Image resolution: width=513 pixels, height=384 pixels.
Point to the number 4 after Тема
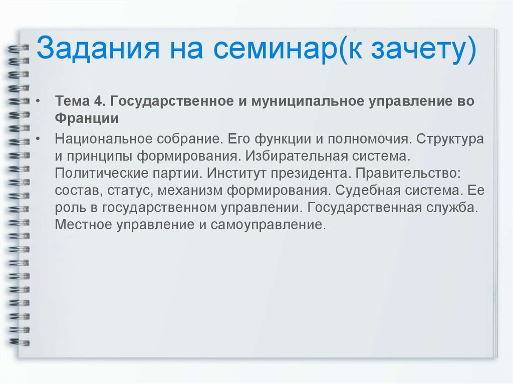click(99, 101)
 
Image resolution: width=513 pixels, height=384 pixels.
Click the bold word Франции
click(87, 119)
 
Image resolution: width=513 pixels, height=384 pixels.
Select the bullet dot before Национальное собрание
click(38, 139)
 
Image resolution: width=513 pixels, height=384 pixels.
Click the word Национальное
click(103, 139)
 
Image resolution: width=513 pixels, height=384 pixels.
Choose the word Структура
click(450, 140)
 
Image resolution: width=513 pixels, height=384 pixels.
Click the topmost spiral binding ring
click(17, 49)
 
